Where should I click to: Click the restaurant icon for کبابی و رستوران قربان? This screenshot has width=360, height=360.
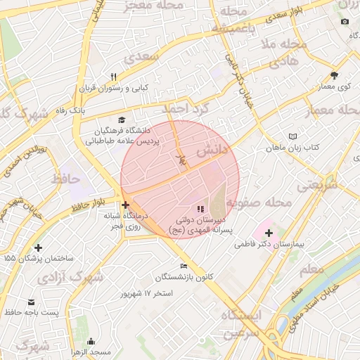point(112,77)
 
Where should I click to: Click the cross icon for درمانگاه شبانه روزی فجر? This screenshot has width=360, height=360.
point(126,205)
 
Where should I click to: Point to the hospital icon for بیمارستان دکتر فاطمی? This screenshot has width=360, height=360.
point(268,232)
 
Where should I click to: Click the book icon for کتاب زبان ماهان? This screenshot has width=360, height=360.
point(292,136)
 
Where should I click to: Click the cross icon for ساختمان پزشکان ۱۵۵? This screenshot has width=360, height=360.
point(38,247)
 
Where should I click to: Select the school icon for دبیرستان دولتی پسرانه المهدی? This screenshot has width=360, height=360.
point(200,209)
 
